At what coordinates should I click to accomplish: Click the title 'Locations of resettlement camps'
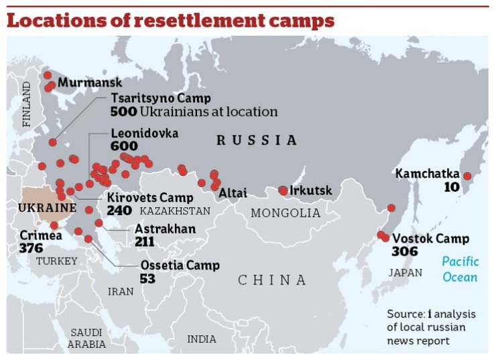pyautogui.click(x=170, y=21)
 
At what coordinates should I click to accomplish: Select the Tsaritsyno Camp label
pyautogui.click(x=151, y=99)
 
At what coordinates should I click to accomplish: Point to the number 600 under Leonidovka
pyautogui.click(x=124, y=146)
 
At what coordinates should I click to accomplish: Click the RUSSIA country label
pyautogui.click(x=256, y=140)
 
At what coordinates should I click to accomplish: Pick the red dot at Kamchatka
pyautogui.click(x=468, y=176)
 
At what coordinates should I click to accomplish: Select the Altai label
pyautogui.click(x=233, y=193)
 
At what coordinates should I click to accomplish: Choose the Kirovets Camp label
pyautogui.click(x=150, y=198)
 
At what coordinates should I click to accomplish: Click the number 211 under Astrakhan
pyautogui.click(x=144, y=241)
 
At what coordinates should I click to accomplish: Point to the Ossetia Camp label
pyautogui.click(x=180, y=265)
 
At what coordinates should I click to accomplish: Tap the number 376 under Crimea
pyautogui.click(x=31, y=248)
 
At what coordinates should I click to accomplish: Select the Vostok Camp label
pyautogui.click(x=430, y=239)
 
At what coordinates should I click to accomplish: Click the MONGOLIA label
pyautogui.click(x=286, y=213)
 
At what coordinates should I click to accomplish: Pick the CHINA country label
pyautogui.click(x=272, y=280)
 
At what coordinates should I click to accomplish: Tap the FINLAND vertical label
pyautogui.click(x=27, y=105)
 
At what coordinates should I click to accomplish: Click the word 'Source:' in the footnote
pyautogui.click(x=406, y=314)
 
